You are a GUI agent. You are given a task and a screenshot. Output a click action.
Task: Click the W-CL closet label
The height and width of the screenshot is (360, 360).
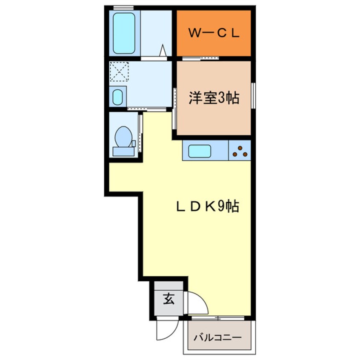tap(214, 34)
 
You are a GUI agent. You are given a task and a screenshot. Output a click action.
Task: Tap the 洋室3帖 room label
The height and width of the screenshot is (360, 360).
tap(214, 99)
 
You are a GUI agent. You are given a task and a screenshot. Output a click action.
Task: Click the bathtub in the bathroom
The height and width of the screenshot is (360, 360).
tap(124, 33)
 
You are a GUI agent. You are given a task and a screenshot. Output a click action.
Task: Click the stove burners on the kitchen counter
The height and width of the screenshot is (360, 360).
tap(240, 151)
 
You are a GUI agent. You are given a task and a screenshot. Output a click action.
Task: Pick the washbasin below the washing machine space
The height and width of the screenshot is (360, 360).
tap(118, 97)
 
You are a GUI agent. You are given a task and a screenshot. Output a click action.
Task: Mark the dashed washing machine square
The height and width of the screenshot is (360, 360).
tap(119, 71)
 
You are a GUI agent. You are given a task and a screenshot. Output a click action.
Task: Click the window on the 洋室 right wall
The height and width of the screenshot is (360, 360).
tap(253, 98)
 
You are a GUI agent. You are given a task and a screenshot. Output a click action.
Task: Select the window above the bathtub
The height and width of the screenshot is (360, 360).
tap(123, 8)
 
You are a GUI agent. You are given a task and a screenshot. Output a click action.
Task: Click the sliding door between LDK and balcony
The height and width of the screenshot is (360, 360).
tap(217, 317)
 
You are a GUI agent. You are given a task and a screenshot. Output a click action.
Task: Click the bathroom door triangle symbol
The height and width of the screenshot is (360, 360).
tap(163, 51)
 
